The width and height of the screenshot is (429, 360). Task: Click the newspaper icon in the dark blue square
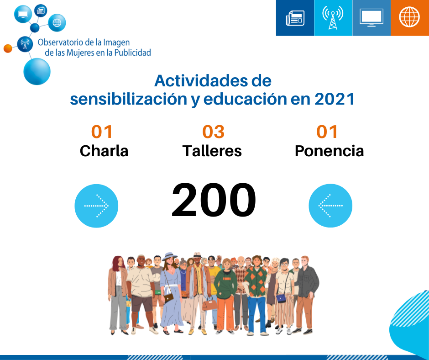(295, 18)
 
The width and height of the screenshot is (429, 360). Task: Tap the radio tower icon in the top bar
(333, 18)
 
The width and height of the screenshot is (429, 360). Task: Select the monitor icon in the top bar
(371, 18)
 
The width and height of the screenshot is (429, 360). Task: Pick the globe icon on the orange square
(409, 17)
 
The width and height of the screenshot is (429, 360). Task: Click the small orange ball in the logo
(8, 48)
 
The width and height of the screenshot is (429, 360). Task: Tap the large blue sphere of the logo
(37, 72)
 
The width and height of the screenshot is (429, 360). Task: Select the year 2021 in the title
(335, 99)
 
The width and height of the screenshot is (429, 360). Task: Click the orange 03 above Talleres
(214, 132)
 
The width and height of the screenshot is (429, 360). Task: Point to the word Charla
(104, 151)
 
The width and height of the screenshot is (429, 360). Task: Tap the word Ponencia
(330, 151)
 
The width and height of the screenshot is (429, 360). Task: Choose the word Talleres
(212, 151)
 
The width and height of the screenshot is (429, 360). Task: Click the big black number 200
(214, 200)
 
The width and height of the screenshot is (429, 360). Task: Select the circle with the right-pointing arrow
(96, 206)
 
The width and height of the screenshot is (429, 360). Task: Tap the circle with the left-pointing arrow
(330, 206)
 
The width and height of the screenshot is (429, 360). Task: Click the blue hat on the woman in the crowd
(170, 256)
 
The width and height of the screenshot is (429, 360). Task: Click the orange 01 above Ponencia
(327, 132)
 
